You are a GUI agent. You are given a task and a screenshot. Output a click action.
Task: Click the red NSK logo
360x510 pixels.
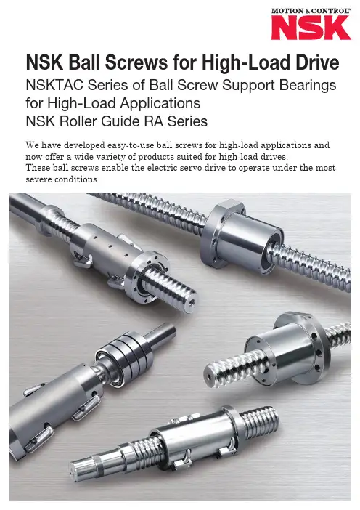tap(311, 28)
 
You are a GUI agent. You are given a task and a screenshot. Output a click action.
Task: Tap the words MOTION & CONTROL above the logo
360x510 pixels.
tap(311, 11)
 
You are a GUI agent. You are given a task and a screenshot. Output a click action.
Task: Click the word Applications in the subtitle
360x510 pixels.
tap(160, 104)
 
